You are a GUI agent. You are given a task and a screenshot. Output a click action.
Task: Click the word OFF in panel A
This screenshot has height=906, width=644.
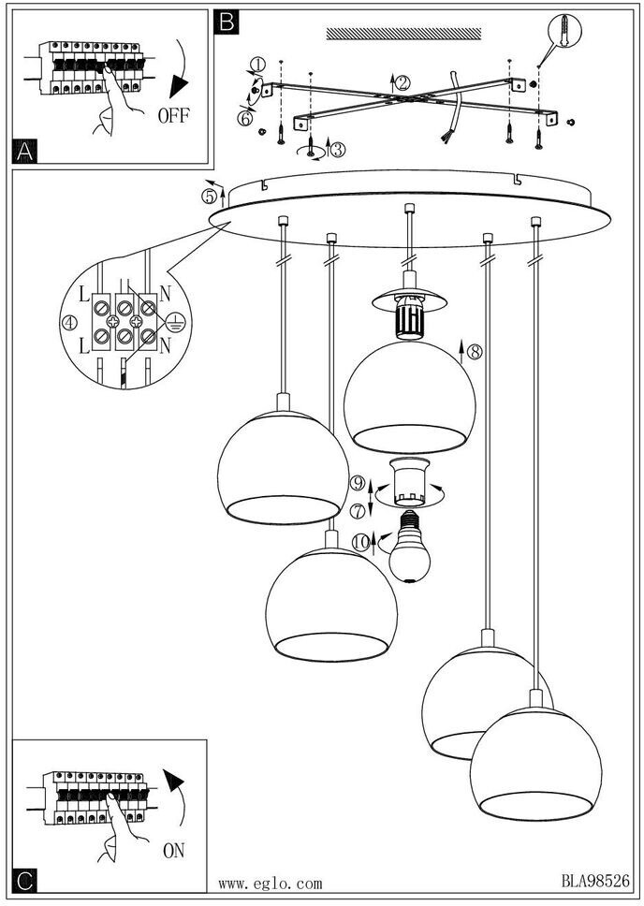tap(173, 117)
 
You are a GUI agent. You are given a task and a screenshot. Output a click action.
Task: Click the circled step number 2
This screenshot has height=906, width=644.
tap(402, 82)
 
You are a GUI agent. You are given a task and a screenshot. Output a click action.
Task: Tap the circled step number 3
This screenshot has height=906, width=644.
tap(338, 149)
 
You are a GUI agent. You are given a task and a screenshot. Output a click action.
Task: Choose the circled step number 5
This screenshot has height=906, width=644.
tap(211, 196)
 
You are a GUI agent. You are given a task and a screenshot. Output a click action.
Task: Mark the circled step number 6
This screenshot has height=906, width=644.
tap(245, 119)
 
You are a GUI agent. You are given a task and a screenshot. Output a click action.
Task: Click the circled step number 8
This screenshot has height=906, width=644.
tap(474, 353)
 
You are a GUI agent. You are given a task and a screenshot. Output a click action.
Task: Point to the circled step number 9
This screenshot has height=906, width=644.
tap(357, 484)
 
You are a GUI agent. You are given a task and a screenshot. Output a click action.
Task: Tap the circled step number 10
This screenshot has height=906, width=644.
tap(361, 541)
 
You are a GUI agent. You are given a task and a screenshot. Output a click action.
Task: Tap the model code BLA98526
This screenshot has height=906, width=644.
tap(595, 882)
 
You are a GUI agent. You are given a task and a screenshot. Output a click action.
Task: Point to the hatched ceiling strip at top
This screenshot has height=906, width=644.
tap(405, 35)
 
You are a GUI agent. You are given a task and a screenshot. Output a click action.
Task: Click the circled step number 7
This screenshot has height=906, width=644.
tap(357, 510)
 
